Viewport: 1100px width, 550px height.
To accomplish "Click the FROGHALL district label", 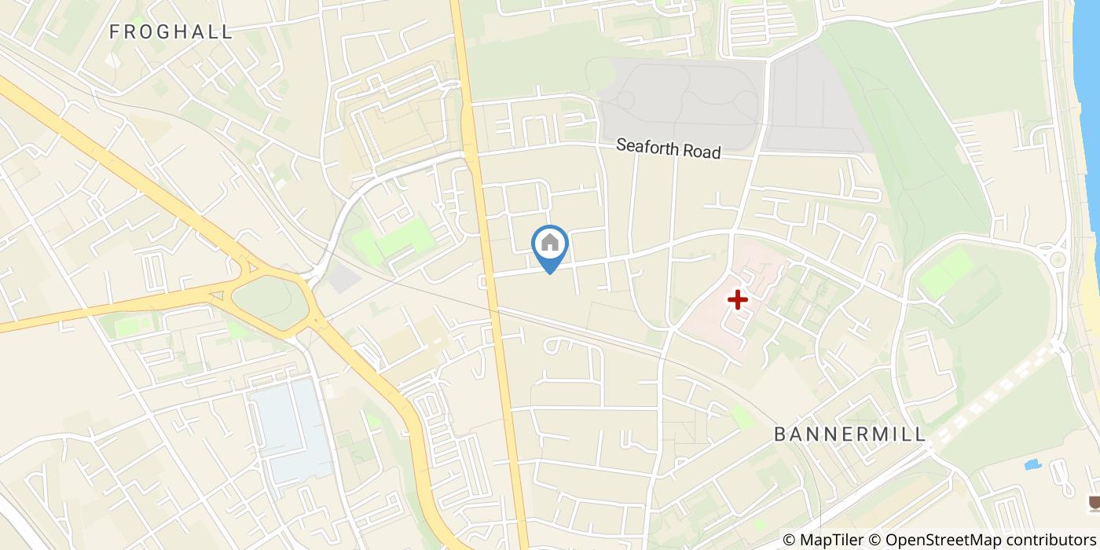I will click(171, 32).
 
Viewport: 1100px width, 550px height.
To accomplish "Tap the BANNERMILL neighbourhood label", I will click(850, 434).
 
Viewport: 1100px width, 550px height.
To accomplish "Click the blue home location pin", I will click(550, 244).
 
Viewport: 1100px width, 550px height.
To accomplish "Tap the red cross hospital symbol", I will click(737, 299).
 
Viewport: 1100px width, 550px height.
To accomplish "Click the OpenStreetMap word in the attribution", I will click(935, 539).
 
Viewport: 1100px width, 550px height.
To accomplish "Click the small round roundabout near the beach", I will click(1058, 258).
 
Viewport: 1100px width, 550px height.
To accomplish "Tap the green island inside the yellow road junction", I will click(269, 302).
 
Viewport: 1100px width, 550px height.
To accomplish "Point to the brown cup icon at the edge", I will click(1092, 503).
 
